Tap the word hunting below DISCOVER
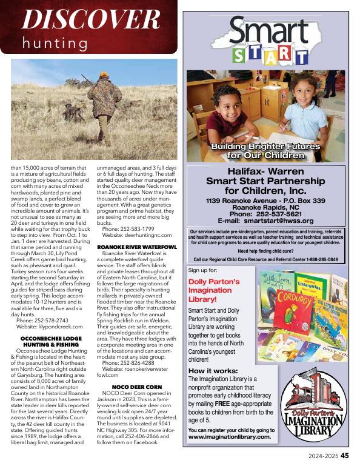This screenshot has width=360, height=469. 54,43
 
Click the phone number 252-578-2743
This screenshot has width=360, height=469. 52,319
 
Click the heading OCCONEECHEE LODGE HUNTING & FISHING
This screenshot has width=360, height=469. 52,341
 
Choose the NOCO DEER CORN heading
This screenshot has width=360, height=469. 137,386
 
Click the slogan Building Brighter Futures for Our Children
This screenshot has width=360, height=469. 265,150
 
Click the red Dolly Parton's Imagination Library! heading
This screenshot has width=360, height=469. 214,290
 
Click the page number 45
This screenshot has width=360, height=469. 344,456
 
